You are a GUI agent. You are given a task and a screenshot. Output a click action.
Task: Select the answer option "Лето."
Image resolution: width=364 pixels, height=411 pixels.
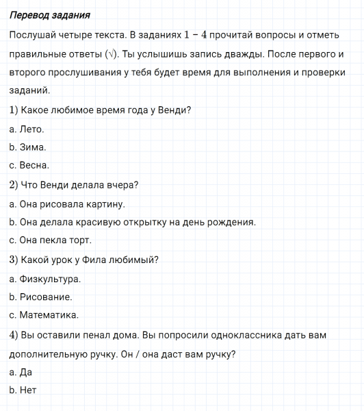pos(32,129)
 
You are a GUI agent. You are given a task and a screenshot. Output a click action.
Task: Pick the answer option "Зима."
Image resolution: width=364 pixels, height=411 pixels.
pos(34,147)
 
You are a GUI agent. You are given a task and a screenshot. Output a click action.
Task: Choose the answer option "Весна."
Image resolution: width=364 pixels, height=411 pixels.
pos(35,165)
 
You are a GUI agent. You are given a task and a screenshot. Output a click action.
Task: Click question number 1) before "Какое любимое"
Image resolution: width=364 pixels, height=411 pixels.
pos(14,110)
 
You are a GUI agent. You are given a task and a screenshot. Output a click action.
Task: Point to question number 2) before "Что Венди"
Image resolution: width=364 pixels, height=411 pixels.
pos(14,184)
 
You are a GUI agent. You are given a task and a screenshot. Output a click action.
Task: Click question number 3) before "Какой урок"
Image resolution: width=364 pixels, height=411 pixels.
pos(14,260)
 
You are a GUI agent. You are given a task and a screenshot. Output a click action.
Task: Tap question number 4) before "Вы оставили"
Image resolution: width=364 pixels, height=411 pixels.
pos(14,335)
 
